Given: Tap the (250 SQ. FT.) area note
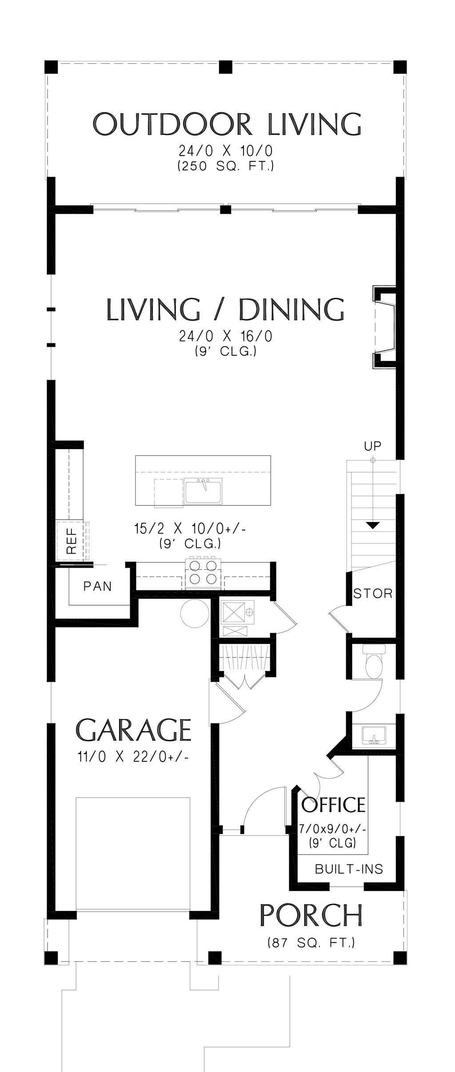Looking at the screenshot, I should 226,166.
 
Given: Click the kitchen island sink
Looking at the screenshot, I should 204,491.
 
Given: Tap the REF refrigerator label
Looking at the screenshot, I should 72,541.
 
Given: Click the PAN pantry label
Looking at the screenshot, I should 98,586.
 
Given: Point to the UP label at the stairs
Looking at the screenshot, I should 372,446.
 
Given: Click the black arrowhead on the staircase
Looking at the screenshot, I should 373,525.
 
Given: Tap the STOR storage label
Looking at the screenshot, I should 373,594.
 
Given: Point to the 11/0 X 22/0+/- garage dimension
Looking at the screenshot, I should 133,757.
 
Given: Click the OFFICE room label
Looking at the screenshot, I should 333,805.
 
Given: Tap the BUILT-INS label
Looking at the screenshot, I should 349,869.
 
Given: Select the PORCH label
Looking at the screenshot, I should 311,915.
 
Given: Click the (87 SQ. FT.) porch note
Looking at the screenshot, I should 311,942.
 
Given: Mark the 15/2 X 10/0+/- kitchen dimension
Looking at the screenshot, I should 190,529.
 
